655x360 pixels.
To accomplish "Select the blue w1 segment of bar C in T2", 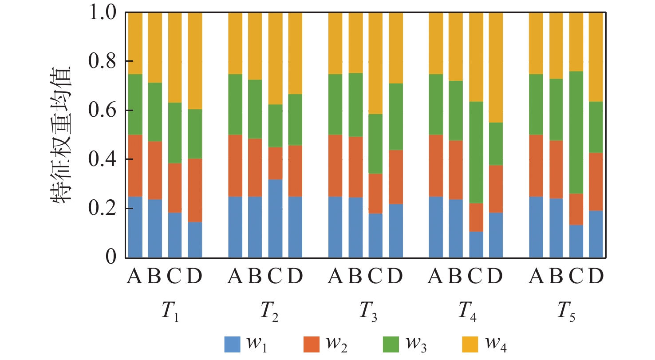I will click(275, 218).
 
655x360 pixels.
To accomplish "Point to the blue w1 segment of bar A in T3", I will click(335, 226).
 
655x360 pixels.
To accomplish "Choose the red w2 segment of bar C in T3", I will click(375, 194).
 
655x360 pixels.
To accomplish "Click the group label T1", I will click(170, 315).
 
